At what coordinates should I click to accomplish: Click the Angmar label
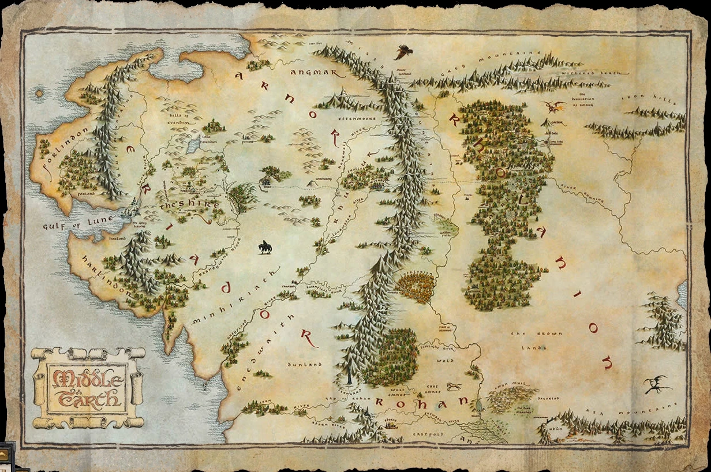click(x=310, y=73)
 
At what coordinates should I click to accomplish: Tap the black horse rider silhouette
click(x=265, y=247)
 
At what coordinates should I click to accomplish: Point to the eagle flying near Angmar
click(x=403, y=53)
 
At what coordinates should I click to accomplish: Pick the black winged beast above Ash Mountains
click(x=657, y=384)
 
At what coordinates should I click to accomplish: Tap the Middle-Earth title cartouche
click(x=88, y=387)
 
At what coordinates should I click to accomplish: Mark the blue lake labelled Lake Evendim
click(x=193, y=145)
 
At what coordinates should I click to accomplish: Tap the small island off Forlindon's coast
click(x=40, y=92)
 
